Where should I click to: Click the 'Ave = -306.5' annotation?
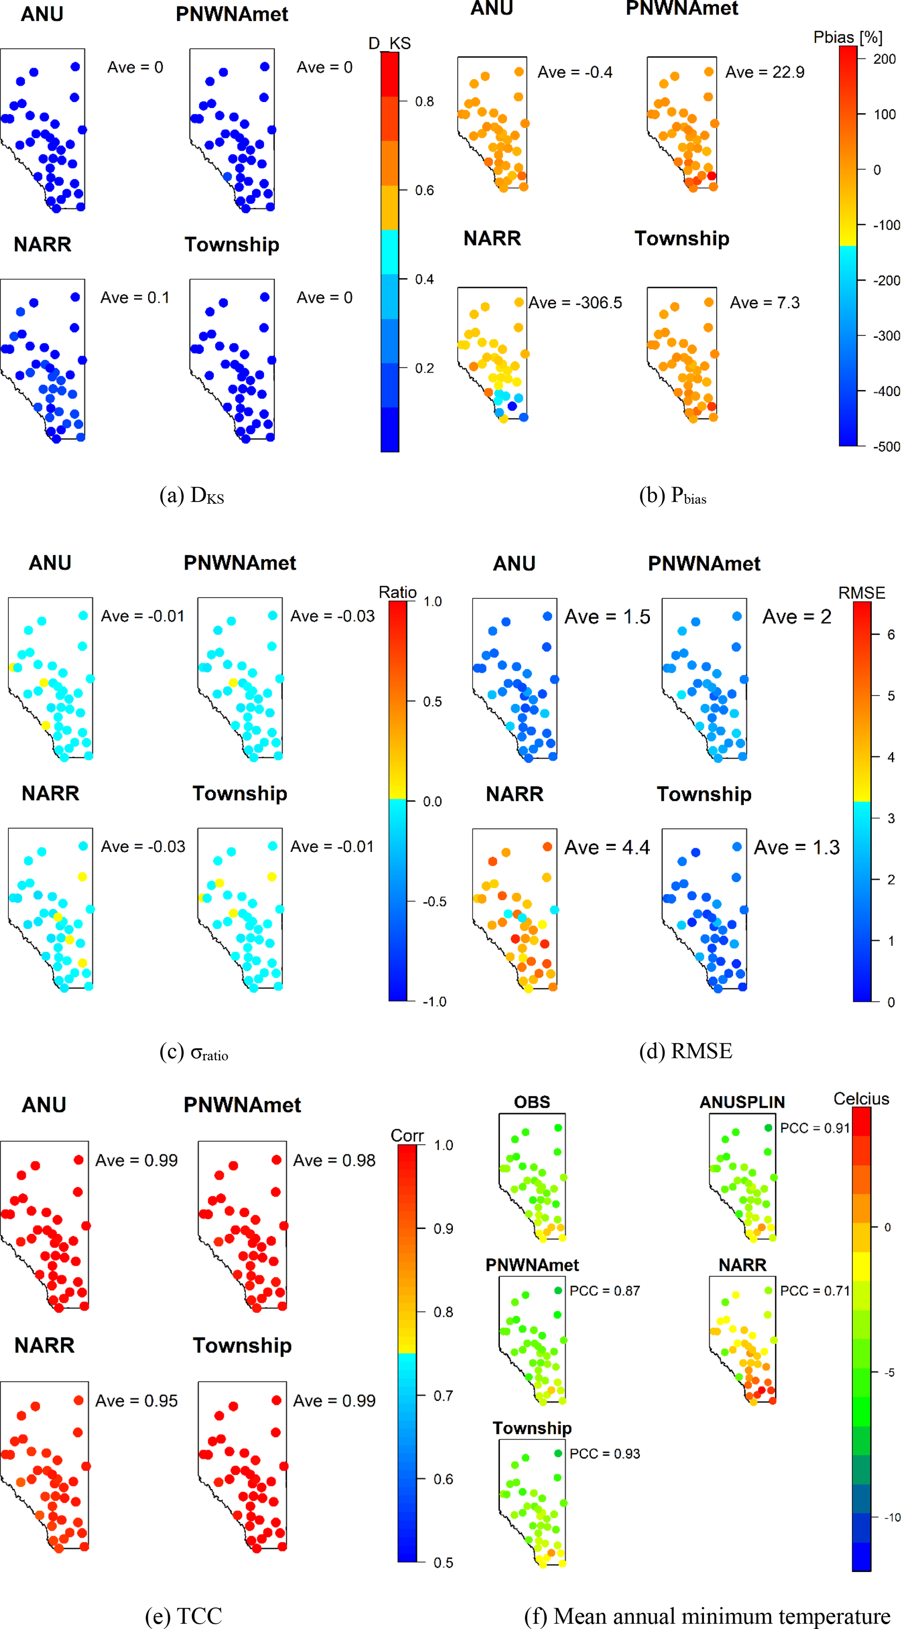pyautogui.click(x=575, y=303)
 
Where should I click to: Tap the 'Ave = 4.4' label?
pyautogui.click(x=607, y=847)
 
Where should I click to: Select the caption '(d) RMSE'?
pyautogui.click(x=685, y=1051)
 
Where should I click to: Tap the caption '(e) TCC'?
pyautogui.click(x=184, y=1616)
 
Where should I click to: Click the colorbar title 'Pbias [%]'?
pyautogui.click(x=847, y=37)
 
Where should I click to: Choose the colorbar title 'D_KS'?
pyautogui.click(x=389, y=43)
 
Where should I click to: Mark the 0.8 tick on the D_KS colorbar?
pyautogui.click(x=424, y=101)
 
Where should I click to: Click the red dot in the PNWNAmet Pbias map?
pyautogui.click(x=711, y=176)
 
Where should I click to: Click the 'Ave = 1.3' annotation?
pyautogui.click(x=796, y=847)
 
